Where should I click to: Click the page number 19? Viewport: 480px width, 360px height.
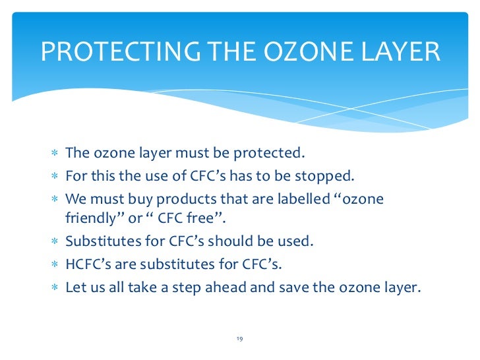pyautogui.click(x=239, y=339)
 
